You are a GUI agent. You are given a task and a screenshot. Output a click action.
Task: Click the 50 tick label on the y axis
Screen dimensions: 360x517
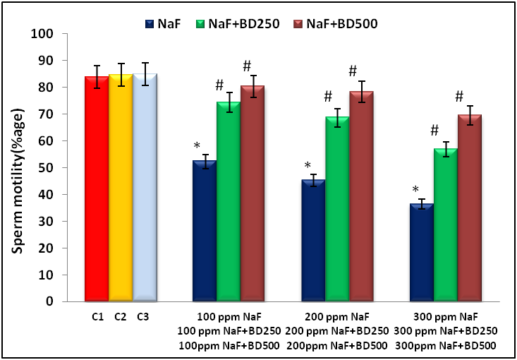tap(47, 167)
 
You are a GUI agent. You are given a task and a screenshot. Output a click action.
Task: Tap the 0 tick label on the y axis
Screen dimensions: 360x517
tap(50, 301)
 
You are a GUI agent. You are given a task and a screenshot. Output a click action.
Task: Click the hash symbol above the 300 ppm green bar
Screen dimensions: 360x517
tap(434, 130)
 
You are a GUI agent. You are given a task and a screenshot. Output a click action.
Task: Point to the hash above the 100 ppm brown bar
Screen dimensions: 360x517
tap(247, 66)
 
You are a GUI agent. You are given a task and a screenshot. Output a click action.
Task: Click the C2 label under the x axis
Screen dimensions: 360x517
tap(121, 316)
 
